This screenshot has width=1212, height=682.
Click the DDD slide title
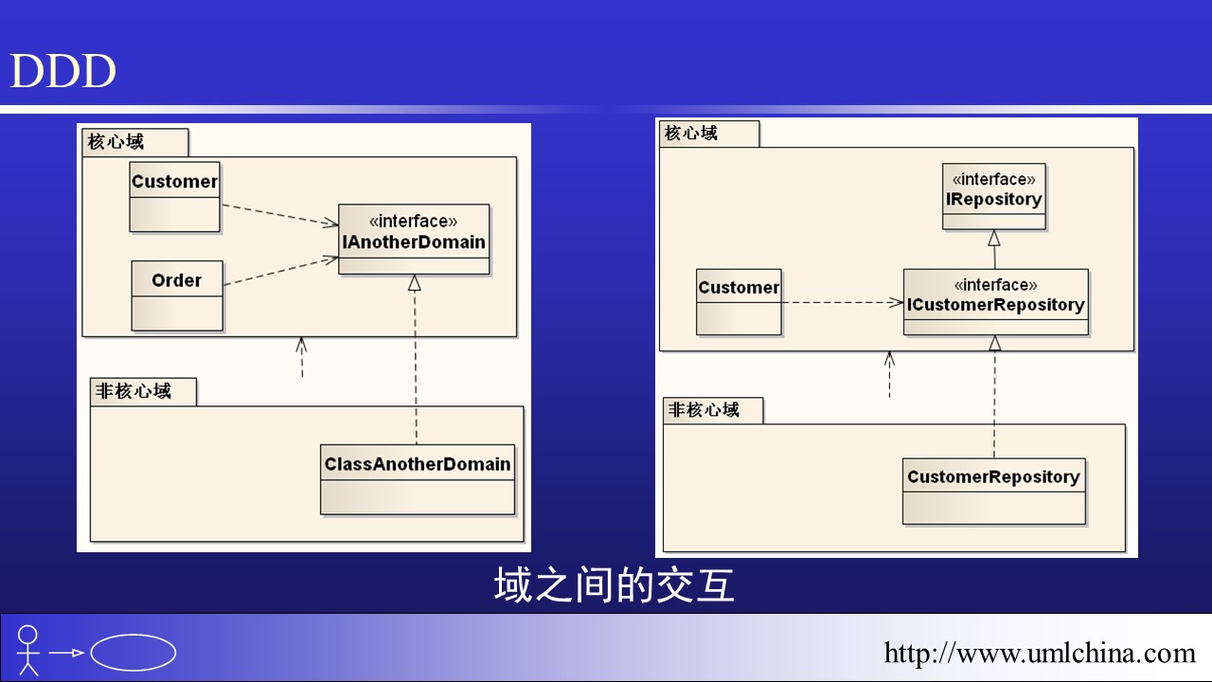pyautogui.click(x=62, y=72)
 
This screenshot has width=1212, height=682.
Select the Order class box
pyautogui.click(x=177, y=295)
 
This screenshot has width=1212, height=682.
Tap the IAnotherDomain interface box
pyautogui.click(x=414, y=240)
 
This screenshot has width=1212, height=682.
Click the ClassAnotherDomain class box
pyautogui.click(x=418, y=479)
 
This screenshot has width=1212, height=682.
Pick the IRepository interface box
pyautogui.click(x=993, y=196)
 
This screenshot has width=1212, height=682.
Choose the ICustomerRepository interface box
pyautogui.click(x=995, y=302)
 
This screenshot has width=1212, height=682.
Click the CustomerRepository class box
pyautogui.click(x=993, y=491)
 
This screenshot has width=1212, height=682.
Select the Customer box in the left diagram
pyautogui.click(x=174, y=197)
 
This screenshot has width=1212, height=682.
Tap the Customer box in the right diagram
pyautogui.click(x=739, y=301)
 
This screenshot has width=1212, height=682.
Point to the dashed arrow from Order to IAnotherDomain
pyautogui.click(x=280, y=270)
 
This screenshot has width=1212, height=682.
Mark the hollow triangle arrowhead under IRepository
pyautogui.click(x=994, y=238)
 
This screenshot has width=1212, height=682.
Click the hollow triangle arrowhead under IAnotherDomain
pyautogui.click(x=414, y=282)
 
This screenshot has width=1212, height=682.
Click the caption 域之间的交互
pyautogui.click(x=614, y=585)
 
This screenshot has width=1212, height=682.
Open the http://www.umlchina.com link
pyautogui.click(x=1040, y=653)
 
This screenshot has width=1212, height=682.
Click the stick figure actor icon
pyautogui.click(x=28, y=649)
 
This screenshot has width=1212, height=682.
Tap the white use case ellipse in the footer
pyautogui.click(x=133, y=653)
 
